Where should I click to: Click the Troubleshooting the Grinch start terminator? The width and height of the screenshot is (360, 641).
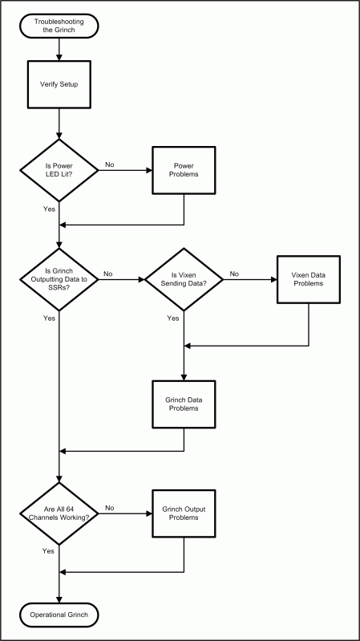pyautogui.click(x=59, y=26)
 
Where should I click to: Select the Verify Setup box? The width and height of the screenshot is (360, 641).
pyautogui.click(x=59, y=85)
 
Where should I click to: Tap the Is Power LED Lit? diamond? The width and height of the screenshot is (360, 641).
pyautogui.click(x=59, y=170)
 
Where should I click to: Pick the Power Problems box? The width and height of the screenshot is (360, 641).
pyautogui.click(x=184, y=170)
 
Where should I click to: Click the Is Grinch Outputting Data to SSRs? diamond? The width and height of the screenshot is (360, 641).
pyautogui.click(x=59, y=279)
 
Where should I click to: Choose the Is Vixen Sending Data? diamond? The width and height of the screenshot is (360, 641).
pyautogui.click(x=184, y=279)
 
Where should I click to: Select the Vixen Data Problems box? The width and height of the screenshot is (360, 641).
pyautogui.click(x=309, y=280)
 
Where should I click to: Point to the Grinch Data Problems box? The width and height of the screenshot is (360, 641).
pyautogui.click(x=184, y=404)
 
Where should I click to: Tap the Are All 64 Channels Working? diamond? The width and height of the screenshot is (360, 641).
pyautogui.click(x=59, y=513)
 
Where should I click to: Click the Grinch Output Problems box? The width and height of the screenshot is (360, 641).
pyautogui.click(x=184, y=513)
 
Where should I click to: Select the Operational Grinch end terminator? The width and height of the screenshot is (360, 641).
pyautogui.click(x=59, y=615)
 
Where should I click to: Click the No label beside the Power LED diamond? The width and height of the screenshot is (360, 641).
pyautogui.click(x=110, y=164)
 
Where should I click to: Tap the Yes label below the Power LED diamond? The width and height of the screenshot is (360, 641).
pyautogui.click(x=49, y=209)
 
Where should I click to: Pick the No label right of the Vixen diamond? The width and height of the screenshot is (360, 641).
pyautogui.click(x=234, y=274)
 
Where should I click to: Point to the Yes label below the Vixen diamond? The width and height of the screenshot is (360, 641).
pyautogui.click(x=173, y=318)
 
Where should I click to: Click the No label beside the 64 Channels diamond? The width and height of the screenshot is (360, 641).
pyautogui.click(x=110, y=508)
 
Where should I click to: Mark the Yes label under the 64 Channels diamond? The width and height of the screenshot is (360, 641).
pyautogui.click(x=48, y=551)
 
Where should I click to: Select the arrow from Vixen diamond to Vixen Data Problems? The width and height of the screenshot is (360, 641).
pyautogui.click(x=250, y=280)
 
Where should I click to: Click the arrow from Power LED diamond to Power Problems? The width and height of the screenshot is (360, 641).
pyautogui.click(x=125, y=170)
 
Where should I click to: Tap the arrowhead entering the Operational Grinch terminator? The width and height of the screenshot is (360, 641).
pyautogui.click(x=59, y=601)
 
